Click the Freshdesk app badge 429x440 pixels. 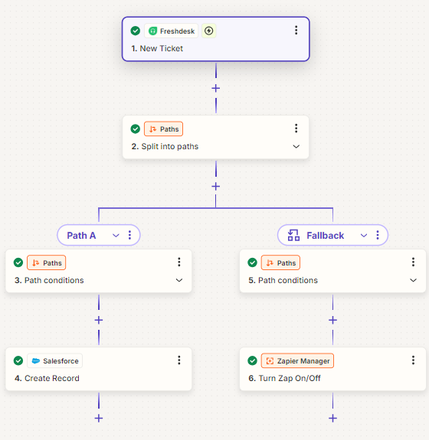point(172,31)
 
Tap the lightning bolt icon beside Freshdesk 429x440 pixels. point(208,31)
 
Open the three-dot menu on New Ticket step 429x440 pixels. point(296,31)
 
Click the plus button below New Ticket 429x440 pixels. point(216,89)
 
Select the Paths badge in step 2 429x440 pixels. point(163,129)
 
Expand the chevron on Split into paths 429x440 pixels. point(296,146)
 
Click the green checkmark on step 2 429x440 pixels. point(136,129)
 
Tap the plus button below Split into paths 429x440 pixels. point(216,186)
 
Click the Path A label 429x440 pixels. point(81,236)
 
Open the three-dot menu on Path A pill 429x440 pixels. point(129,235)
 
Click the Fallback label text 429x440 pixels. point(325,236)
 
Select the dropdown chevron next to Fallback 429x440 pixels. point(364,236)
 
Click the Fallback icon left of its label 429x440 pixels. point(293,235)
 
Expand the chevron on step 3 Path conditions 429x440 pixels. point(179,280)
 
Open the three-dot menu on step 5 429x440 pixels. point(413,262)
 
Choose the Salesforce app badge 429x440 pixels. point(55,361)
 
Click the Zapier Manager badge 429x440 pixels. point(297,361)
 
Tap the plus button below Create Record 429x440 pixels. point(99,419)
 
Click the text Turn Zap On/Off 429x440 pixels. point(290,378)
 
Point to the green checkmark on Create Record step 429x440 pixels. point(18,360)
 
